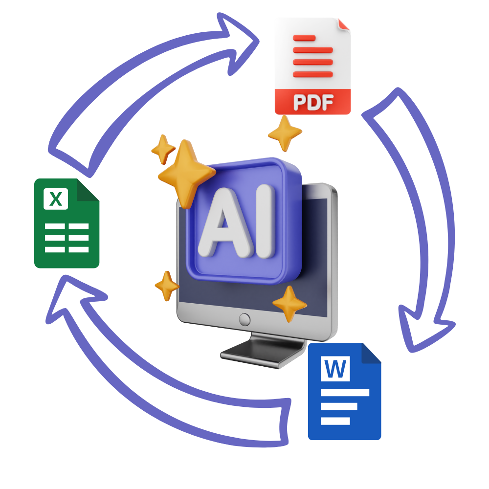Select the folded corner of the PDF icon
tap(344, 24)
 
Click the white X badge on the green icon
tap(56, 199)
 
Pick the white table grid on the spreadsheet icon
tap(67, 238)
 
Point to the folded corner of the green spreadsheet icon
tap(89, 190)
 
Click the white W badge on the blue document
tap(335, 369)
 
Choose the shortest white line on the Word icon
tap(335, 421)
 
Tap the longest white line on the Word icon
tap(345, 392)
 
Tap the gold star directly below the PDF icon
tap(285, 133)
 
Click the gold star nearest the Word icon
tap(289, 303)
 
